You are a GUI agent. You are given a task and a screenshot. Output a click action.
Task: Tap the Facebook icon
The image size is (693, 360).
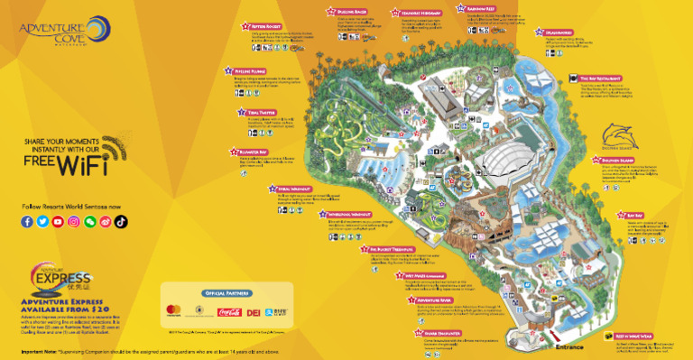click(27, 221)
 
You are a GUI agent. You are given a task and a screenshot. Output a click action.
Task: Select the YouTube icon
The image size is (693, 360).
click(58, 221)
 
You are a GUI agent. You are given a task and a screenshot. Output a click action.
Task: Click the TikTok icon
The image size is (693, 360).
click(120, 221)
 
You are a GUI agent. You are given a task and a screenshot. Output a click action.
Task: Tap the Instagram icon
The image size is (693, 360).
click(74, 221)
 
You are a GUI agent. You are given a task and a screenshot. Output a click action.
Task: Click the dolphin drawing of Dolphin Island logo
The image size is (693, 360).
click(622, 138)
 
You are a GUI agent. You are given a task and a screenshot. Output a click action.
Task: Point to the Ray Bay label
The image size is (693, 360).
click(633, 216)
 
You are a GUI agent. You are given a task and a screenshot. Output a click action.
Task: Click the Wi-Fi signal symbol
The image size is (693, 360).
click(106, 148)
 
